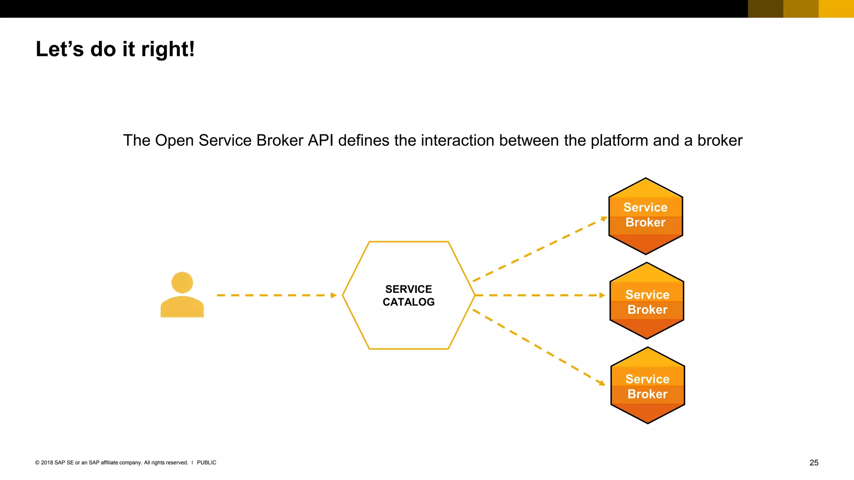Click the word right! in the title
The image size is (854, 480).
click(168, 49)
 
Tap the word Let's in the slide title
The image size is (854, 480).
click(60, 49)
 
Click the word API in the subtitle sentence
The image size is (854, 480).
click(320, 140)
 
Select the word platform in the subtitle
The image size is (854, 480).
click(619, 140)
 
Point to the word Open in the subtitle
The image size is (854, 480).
click(174, 140)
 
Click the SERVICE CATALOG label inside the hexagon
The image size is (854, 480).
click(409, 295)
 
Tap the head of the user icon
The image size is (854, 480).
click(182, 282)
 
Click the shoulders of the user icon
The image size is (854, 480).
click(182, 307)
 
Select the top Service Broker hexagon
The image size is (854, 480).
click(646, 216)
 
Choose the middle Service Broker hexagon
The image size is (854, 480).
click(647, 301)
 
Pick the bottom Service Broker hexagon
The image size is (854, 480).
click(648, 385)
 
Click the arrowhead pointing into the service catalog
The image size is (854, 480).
click(334, 295)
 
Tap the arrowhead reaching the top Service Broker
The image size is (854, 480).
click(604, 218)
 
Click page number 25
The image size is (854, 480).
click(814, 462)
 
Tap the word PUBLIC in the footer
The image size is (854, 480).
click(206, 462)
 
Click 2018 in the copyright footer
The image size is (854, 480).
click(47, 462)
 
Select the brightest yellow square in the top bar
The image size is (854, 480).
click(836, 9)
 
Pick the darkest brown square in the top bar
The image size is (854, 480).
click(766, 9)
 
